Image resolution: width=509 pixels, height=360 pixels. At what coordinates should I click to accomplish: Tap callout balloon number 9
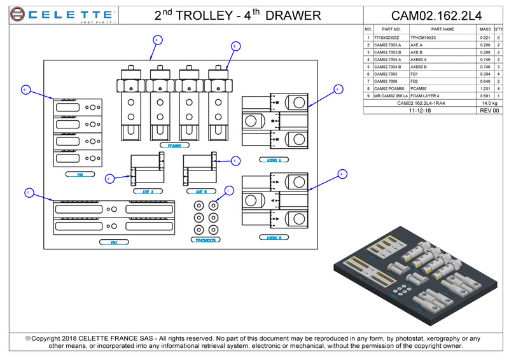coord(157,39)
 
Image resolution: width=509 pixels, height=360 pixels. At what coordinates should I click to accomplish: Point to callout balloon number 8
coord(235,46)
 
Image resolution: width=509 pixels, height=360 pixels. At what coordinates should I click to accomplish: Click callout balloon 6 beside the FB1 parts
coord(25,90)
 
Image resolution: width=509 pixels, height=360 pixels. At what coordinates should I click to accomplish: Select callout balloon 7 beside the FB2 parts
coord(28,192)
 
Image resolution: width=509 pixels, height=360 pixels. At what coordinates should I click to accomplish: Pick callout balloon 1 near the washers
coord(229,190)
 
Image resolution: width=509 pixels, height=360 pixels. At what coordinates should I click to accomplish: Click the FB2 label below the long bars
coord(113,242)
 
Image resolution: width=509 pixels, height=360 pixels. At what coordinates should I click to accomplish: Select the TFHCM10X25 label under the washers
coord(206,240)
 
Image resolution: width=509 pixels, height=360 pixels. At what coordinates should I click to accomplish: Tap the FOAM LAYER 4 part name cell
coord(425,95)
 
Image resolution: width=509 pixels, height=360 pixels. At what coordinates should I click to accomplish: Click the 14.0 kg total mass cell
coord(489,103)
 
